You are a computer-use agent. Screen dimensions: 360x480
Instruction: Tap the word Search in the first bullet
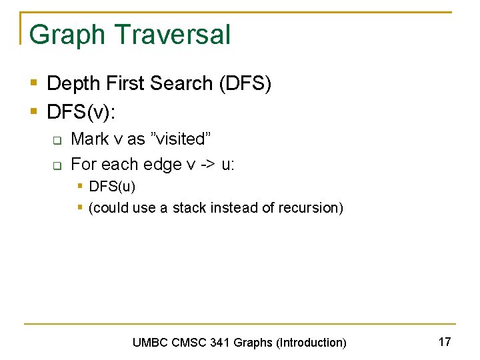[179, 84]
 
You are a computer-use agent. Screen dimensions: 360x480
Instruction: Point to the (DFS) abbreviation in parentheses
[245, 84]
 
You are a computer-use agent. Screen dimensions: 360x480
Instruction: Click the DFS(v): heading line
[81, 112]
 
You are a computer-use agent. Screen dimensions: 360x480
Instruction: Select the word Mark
[90, 139]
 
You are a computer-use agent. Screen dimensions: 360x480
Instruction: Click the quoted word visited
[182, 139]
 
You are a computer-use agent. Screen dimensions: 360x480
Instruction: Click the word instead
[234, 208]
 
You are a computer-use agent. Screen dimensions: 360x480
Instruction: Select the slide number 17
[445, 342]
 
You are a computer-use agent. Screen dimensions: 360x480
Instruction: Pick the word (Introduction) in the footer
[311, 343]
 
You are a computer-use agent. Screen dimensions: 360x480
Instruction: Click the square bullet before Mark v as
[57, 140]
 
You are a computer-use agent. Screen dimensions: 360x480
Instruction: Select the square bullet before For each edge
[57, 165]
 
